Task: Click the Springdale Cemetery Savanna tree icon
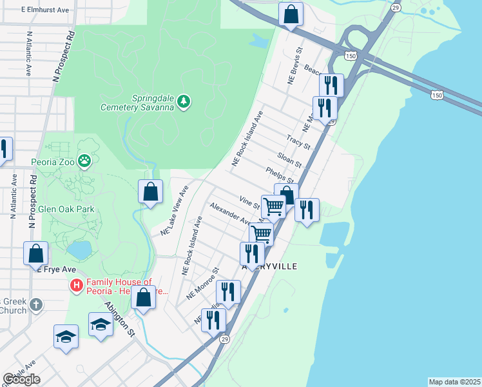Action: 184,101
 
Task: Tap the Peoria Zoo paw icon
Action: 84,160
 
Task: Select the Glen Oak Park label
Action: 66,209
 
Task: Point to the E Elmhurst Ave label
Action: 44,10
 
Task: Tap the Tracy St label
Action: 298,141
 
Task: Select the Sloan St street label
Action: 289,159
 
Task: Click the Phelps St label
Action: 280,174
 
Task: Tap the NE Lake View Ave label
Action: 173,210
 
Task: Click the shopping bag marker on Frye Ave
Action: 35,253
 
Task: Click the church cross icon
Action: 37,304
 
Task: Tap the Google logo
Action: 21,379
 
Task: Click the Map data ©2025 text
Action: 454,381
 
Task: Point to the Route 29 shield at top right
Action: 395,7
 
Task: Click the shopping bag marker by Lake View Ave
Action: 150,192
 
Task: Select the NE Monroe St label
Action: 203,284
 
